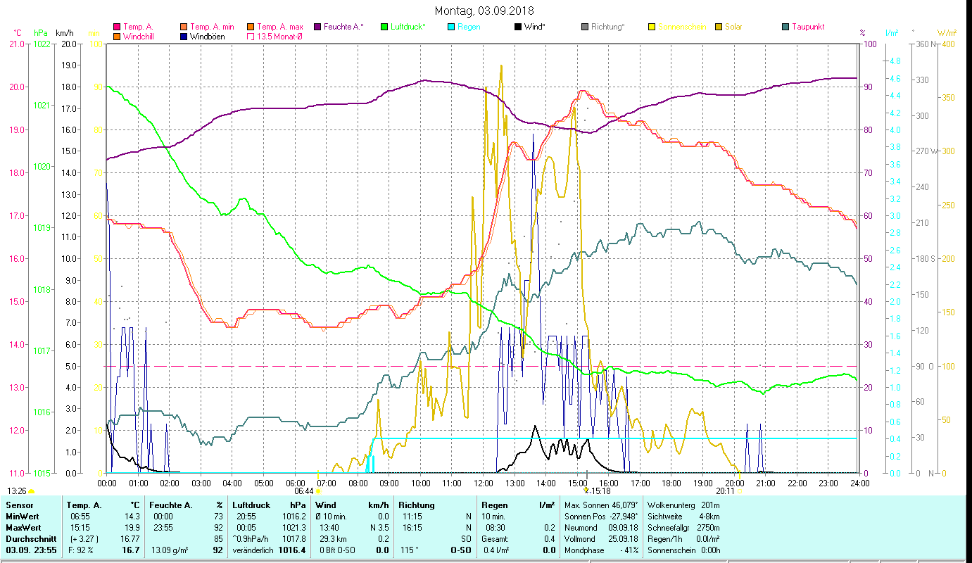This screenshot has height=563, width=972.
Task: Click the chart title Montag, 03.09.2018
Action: tap(484, 11)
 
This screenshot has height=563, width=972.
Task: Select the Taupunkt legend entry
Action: tap(807, 27)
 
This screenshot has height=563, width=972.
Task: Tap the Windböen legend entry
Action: tap(208, 37)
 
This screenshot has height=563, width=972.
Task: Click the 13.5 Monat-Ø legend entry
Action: tap(279, 37)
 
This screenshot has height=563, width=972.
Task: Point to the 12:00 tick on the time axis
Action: tap(484, 483)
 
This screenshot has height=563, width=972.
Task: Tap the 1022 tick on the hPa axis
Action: tap(42, 44)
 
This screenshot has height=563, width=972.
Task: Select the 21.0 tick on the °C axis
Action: tap(15, 44)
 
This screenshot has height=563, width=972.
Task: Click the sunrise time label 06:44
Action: tap(303, 491)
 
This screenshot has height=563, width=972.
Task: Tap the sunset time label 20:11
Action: tap(725, 491)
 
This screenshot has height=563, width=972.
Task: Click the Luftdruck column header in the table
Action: tap(251, 505)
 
